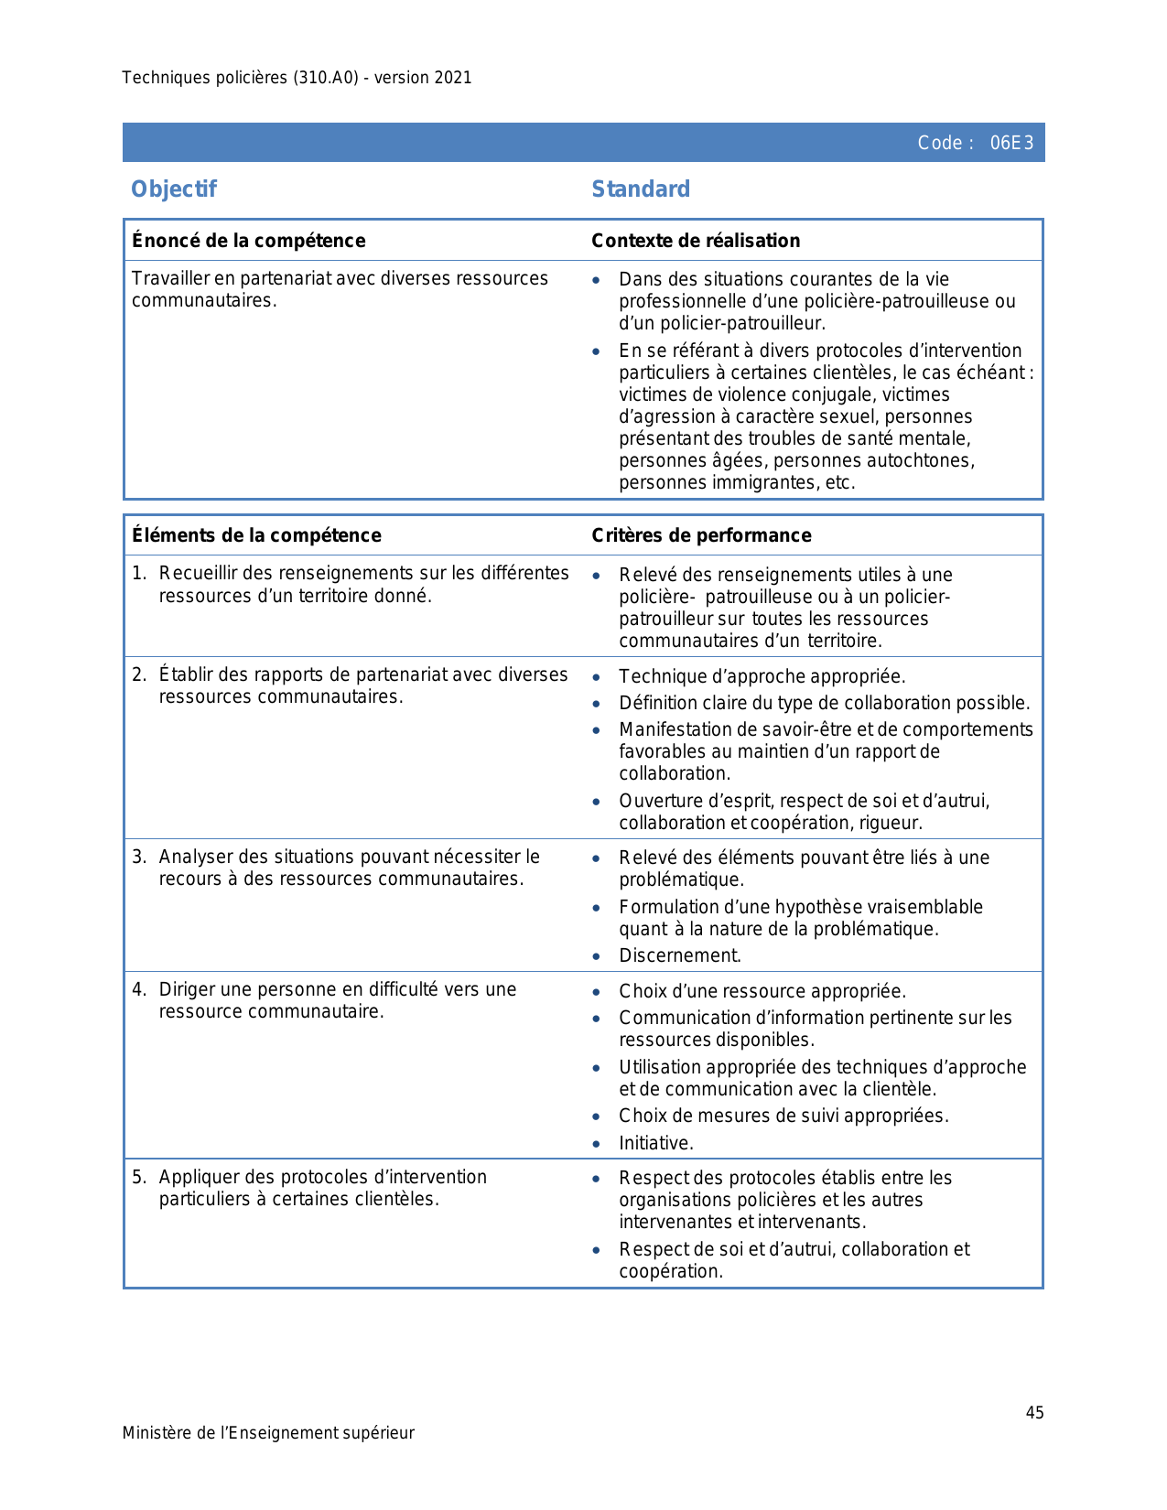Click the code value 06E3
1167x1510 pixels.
pyautogui.click(x=1011, y=143)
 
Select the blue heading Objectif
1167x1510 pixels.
pyautogui.click(x=174, y=189)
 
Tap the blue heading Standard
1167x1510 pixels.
pyautogui.click(x=641, y=189)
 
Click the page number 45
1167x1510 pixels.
pyautogui.click(x=1034, y=1413)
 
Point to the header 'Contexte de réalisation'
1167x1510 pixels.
pyautogui.click(x=696, y=241)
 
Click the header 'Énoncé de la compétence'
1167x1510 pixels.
pyautogui.click(x=249, y=241)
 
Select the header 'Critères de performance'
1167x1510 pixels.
pyautogui.click(x=701, y=535)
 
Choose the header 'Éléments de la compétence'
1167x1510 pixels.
pyautogui.click(x=256, y=535)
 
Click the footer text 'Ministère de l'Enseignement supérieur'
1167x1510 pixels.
pyautogui.click(x=268, y=1433)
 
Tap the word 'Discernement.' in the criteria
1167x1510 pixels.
pyautogui.click(x=680, y=956)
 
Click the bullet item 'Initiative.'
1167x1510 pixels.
pyautogui.click(x=656, y=1143)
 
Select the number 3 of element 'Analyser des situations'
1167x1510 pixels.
pyautogui.click(x=137, y=857)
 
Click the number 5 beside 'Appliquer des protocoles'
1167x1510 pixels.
pyautogui.click(x=137, y=1178)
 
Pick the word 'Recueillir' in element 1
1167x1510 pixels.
pyautogui.click(x=196, y=574)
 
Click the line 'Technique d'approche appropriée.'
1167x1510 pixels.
pyautogui.click(x=762, y=677)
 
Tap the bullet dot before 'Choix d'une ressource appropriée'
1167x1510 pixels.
pyautogui.click(x=597, y=992)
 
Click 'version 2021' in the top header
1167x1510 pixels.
pyautogui.click(x=423, y=78)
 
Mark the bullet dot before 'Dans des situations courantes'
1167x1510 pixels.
pyautogui.click(x=597, y=280)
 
